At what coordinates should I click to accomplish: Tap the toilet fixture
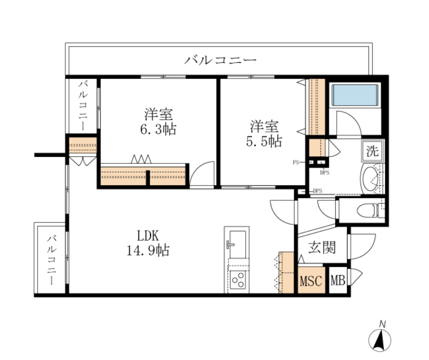369,211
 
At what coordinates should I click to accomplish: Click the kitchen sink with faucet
236,244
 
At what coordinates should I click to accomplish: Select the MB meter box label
338,281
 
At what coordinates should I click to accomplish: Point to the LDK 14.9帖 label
148,243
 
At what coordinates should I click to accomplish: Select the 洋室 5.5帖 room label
264,134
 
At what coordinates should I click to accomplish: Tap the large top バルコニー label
220,59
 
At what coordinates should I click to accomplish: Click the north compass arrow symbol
380,339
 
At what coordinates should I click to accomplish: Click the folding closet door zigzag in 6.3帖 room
141,159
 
